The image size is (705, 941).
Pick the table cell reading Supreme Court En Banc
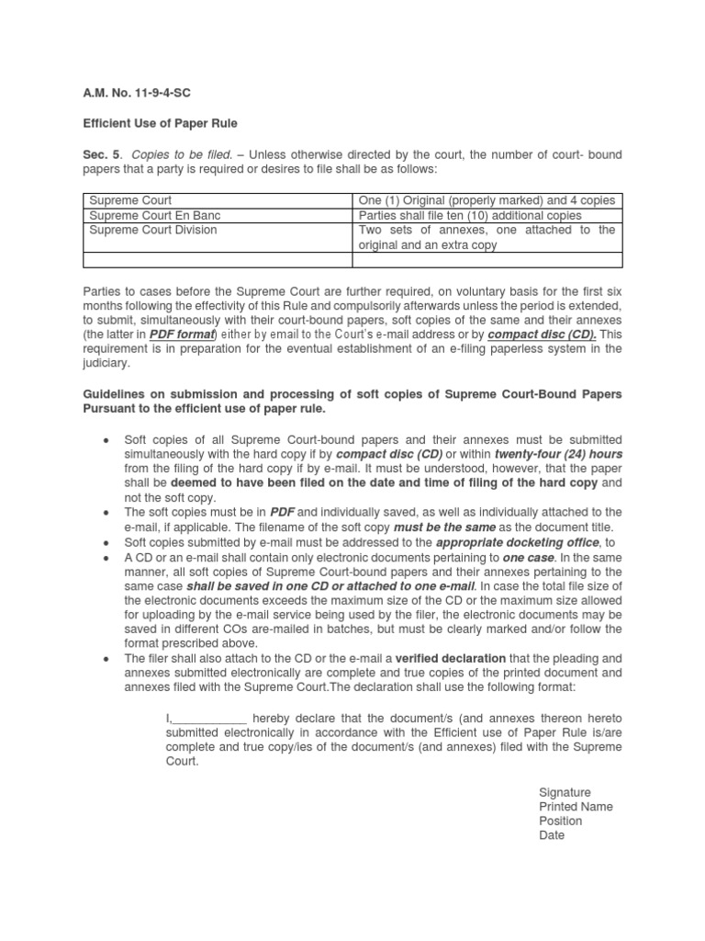pos(154,215)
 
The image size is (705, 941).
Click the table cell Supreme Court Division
pos(152,230)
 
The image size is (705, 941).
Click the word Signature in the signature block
pos(565,792)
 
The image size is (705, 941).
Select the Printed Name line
pos(576,807)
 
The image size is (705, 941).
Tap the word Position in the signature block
pos(560,821)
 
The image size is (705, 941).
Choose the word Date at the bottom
pos(552,835)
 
